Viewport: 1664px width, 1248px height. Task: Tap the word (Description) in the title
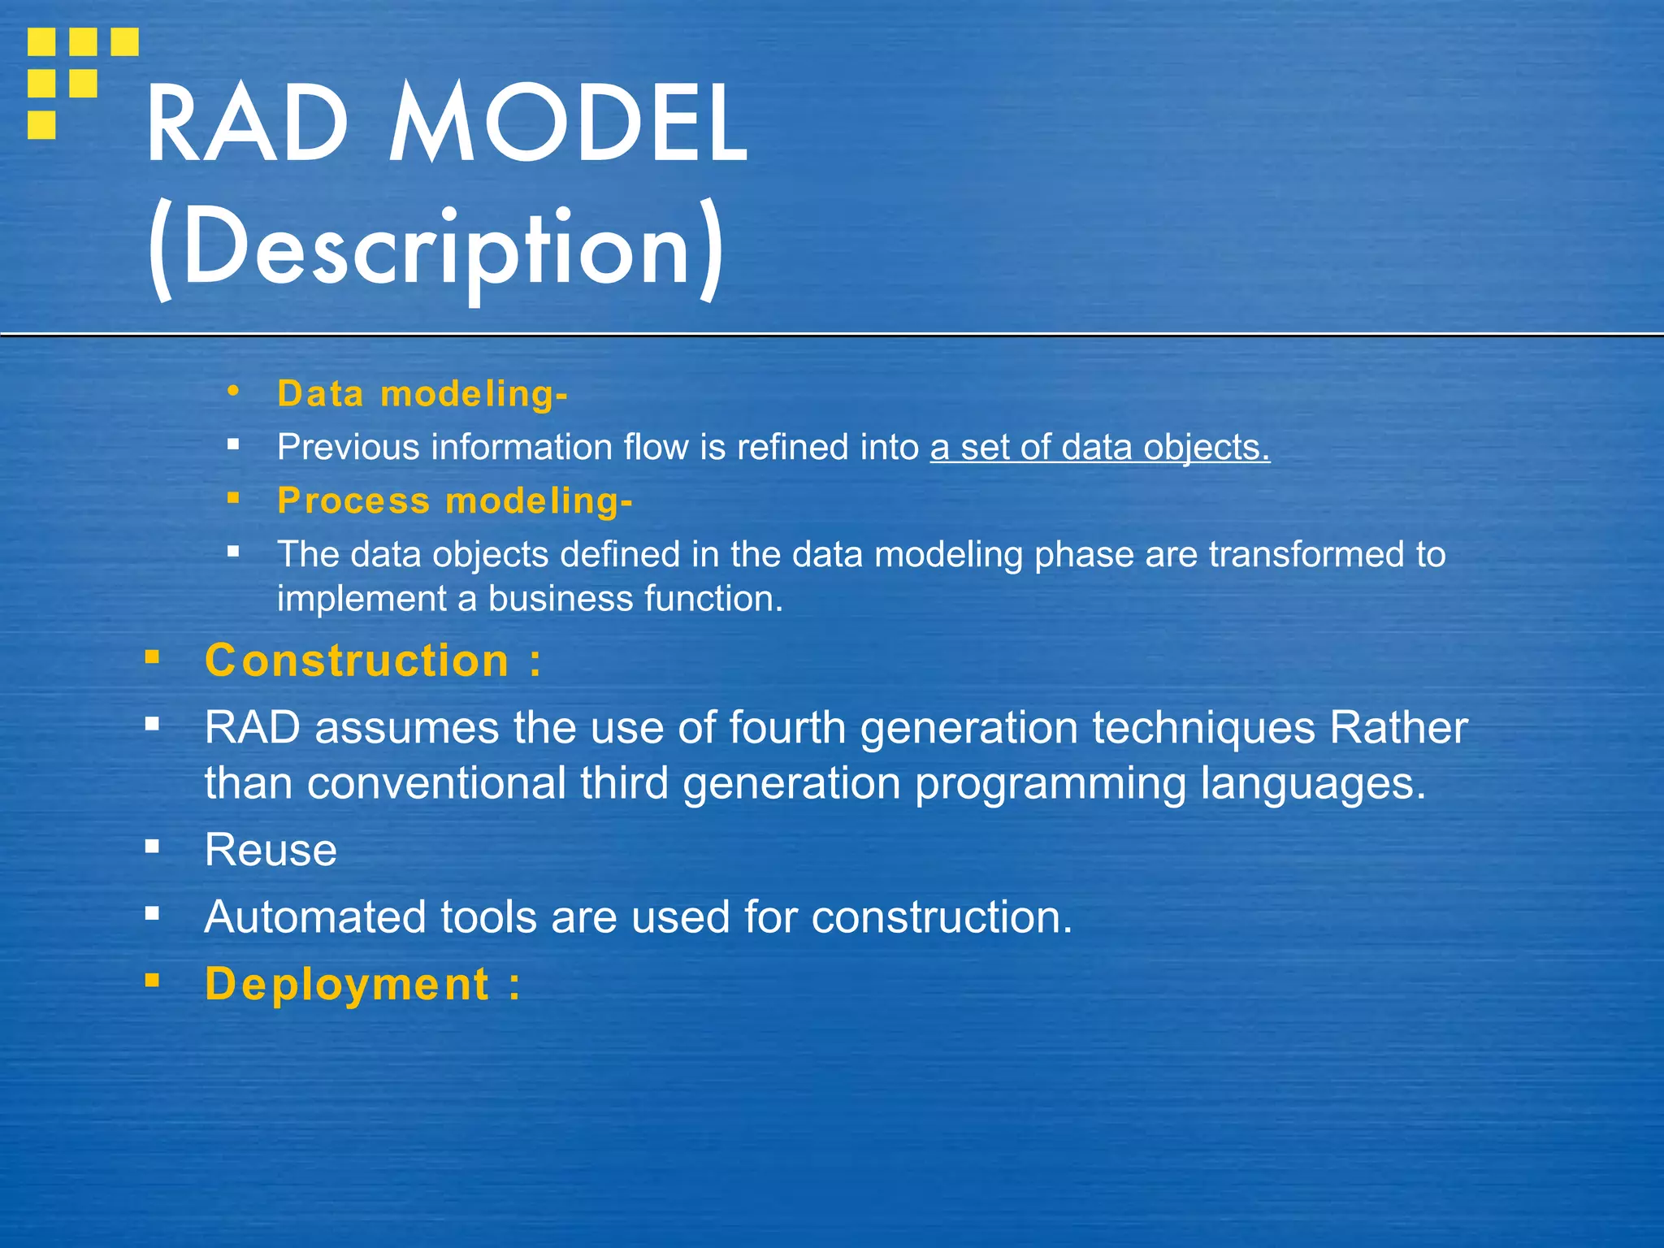tap(435, 248)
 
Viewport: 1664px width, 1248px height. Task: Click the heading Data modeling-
tap(422, 394)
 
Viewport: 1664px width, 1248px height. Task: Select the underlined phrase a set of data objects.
tap(1099, 448)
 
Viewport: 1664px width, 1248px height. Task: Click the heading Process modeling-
tap(454, 500)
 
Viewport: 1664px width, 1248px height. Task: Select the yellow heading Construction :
tap(373, 661)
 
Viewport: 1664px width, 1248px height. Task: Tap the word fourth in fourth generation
tap(787, 727)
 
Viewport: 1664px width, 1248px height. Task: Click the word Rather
tap(1398, 727)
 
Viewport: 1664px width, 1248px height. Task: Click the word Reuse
tap(271, 851)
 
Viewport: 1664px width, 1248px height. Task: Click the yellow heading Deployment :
tap(362, 985)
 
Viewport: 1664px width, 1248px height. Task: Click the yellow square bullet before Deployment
tap(152, 980)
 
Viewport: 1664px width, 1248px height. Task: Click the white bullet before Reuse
tap(152, 847)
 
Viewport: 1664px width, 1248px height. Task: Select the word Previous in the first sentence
tap(348, 448)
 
